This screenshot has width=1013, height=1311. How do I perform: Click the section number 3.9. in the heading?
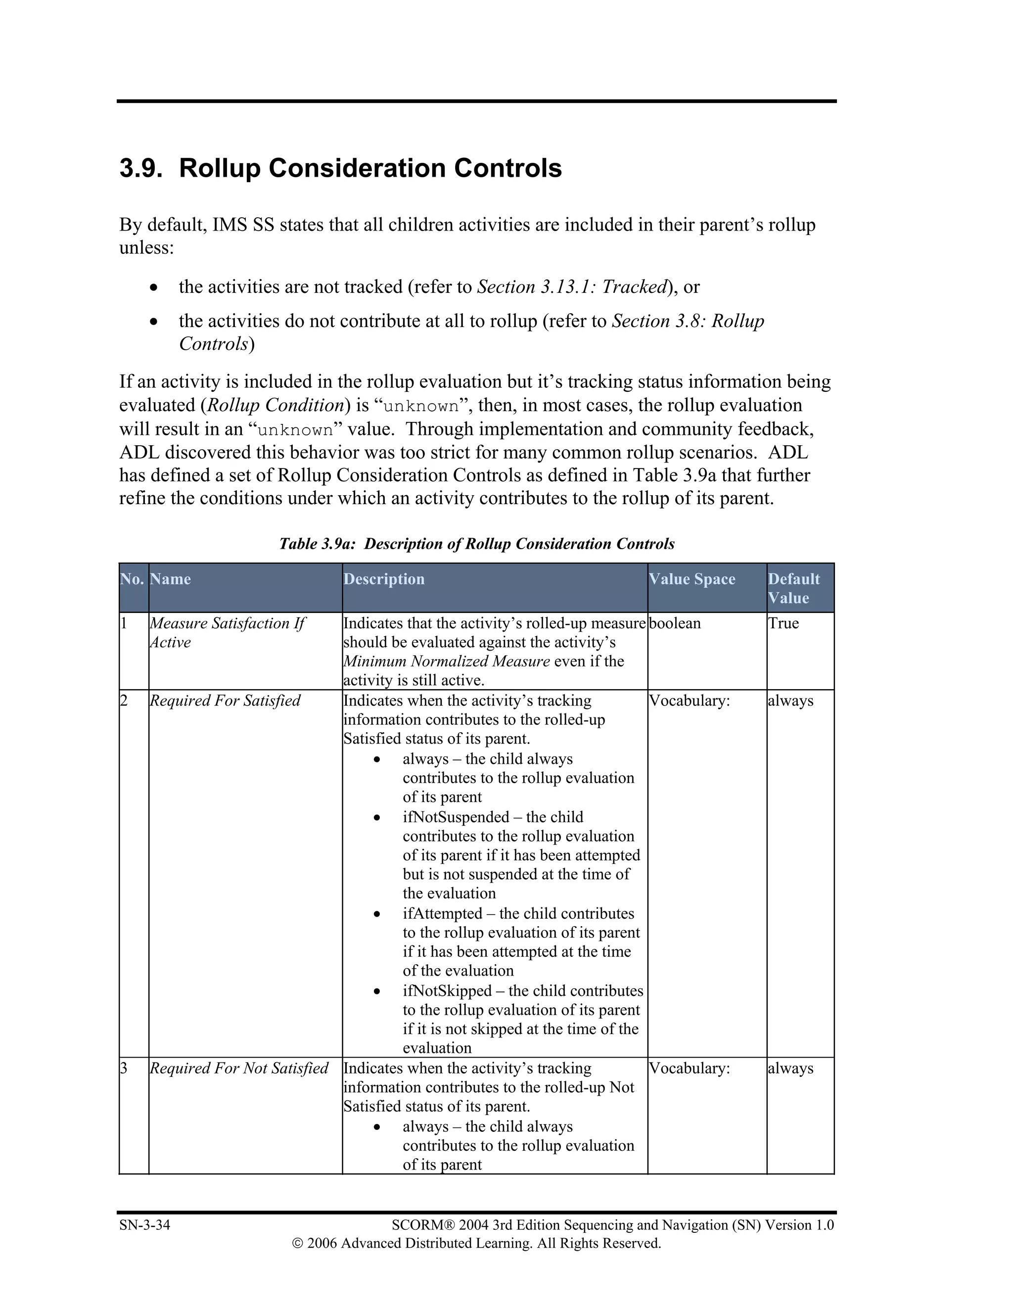[141, 169]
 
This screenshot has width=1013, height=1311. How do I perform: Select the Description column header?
[384, 579]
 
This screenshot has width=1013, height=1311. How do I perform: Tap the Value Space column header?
[692, 579]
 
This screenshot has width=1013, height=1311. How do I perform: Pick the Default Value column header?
[793, 588]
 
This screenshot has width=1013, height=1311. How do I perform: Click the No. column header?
[132, 579]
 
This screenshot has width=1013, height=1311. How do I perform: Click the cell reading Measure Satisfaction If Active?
[227, 633]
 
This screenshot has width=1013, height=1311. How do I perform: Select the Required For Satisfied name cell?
[225, 701]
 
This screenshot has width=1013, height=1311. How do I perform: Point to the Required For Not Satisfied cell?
[239, 1069]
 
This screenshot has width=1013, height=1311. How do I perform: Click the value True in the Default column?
[783, 624]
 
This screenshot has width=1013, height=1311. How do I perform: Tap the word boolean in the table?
[675, 624]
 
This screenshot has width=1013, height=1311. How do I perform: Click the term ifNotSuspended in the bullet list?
[456, 818]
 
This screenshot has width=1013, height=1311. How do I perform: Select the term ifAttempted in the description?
[442, 914]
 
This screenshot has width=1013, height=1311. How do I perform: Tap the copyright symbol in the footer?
[298, 1244]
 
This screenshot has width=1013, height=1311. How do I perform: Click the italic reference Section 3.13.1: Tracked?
[572, 287]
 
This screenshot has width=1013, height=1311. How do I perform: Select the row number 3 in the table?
[124, 1069]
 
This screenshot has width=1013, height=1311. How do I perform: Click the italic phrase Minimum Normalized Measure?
[447, 661]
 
